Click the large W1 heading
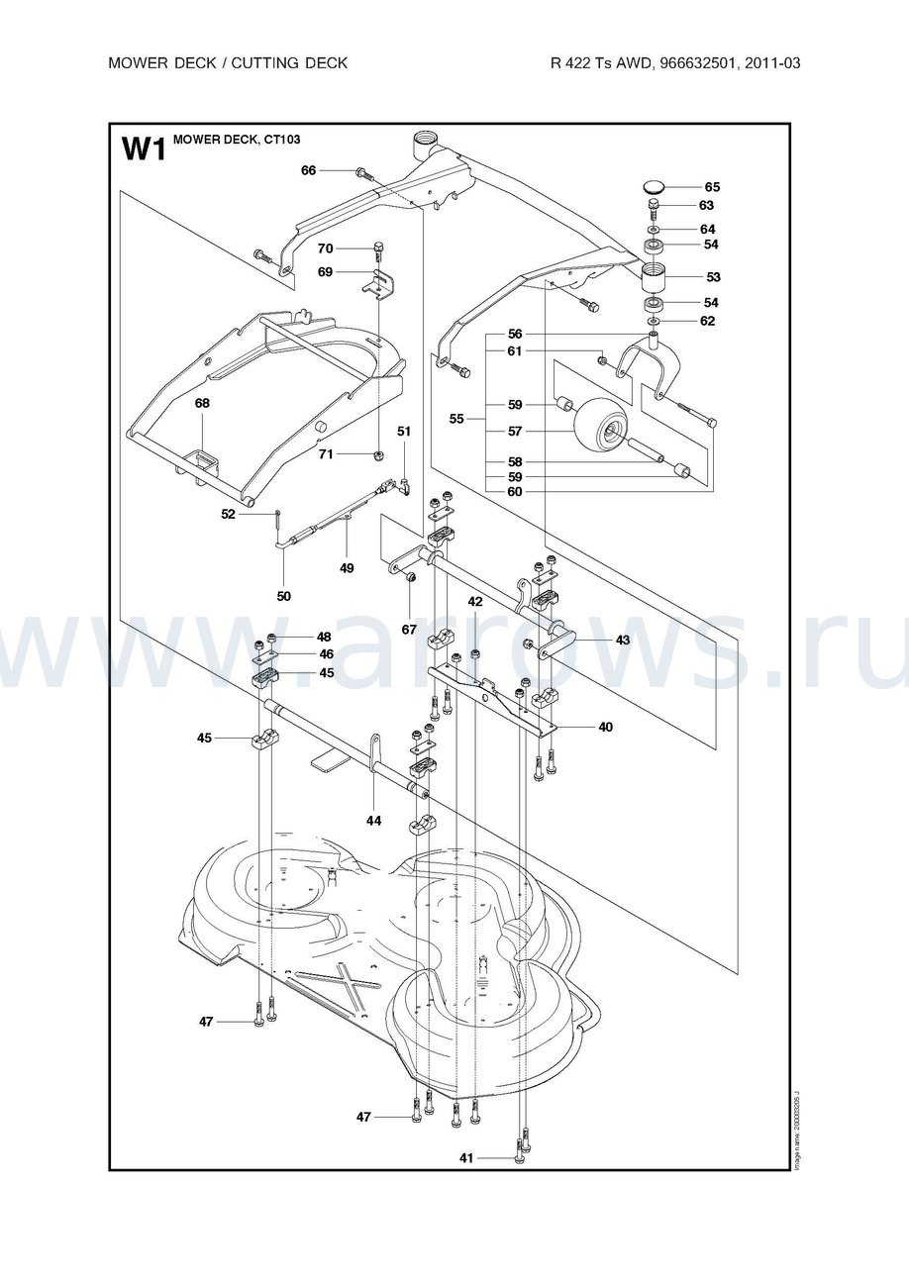[142, 149]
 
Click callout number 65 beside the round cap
[712, 187]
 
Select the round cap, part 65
[655, 186]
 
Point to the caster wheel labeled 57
[597, 425]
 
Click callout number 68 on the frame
[202, 403]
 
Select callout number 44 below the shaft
[373, 821]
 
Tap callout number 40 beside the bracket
[605, 727]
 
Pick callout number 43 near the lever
[622, 641]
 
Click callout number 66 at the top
[309, 170]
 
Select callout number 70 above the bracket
[325, 247]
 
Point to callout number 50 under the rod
[283, 596]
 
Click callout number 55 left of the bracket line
[456, 419]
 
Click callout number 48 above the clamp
[324, 637]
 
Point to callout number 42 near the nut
[475, 602]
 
